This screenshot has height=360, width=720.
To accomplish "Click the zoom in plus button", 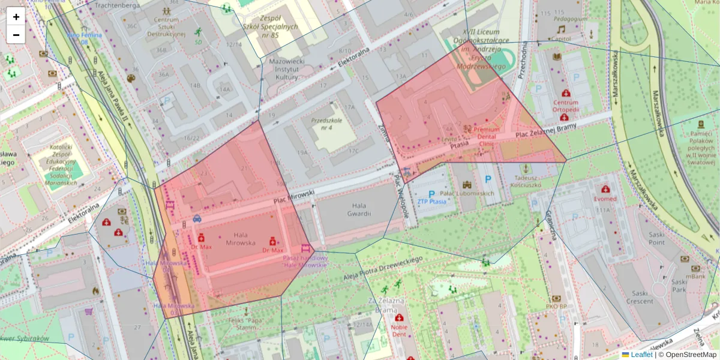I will click(x=16, y=17).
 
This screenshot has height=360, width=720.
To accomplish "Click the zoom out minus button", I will click(x=16, y=35).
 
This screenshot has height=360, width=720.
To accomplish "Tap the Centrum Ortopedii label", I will click(x=565, y=106).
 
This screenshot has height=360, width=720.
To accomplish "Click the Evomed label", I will click(x=605, y=199).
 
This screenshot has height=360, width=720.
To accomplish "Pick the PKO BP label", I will click(x=556, y=307).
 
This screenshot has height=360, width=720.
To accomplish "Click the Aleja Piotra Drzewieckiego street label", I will click(x=383, y=268).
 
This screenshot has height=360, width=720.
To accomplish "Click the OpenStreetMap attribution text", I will click(x=687, y=355).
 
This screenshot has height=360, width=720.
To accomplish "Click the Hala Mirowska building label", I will click(x=241, y=239).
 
